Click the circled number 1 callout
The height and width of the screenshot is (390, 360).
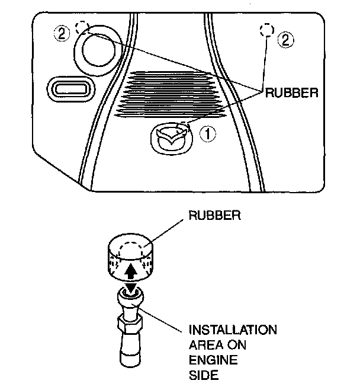(208, 134)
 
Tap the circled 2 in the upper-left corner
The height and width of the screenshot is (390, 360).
(62, 34)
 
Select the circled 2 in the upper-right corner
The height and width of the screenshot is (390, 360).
(285, 40)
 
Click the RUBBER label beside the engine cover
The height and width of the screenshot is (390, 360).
(292, 93)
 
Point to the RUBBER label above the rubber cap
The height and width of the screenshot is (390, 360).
(215, 215)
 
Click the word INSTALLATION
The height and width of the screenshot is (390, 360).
(233, 330)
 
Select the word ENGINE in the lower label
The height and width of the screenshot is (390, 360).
(213, 360)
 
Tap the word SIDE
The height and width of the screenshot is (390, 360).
(204, 375)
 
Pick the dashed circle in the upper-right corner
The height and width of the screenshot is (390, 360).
(267, 30)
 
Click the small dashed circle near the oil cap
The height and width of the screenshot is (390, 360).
(82, 28)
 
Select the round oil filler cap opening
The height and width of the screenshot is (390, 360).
(98, 50)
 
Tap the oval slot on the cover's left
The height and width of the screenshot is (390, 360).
(71, 89)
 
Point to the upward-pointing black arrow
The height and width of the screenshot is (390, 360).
(131, 271)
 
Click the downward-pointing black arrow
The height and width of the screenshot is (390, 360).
(130, 288)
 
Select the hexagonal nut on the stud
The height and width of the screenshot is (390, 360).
(130, 324)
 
